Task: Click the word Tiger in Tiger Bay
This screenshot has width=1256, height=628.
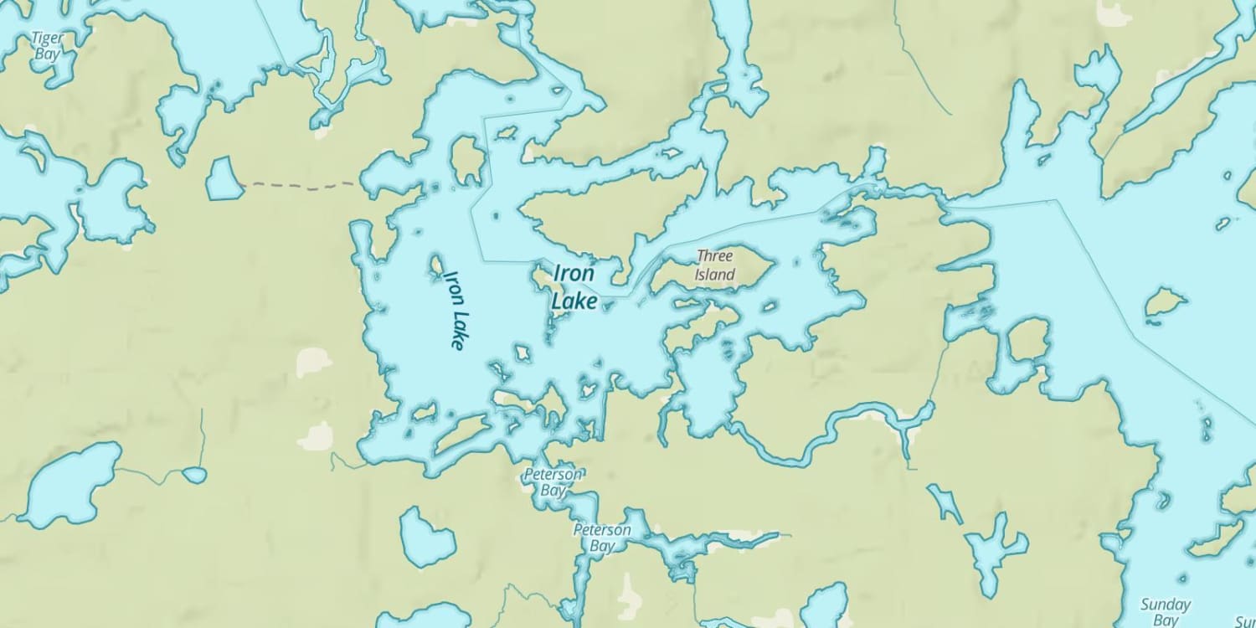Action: click(47, 38)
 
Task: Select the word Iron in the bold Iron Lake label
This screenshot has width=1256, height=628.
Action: click(574, 274)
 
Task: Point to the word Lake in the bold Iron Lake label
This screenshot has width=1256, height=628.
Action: click(576, 301)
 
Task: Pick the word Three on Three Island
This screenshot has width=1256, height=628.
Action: click(714, 256)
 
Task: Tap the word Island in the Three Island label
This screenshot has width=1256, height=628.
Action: click(714, 274)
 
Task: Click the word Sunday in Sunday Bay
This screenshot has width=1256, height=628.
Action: click(1165, 605)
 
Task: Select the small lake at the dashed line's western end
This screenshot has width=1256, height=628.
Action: click(223, 179)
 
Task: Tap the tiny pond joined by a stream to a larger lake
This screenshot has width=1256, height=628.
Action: click(194, 475)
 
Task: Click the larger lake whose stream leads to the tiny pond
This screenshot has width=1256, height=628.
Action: click(67, 486)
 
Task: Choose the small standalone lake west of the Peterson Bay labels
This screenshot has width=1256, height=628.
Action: click(425, 536)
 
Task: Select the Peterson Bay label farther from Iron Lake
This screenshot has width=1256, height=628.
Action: click(602, 538)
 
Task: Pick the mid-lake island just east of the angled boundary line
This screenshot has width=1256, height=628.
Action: click(1165, 303)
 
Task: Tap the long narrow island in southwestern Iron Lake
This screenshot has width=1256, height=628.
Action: click(461, 434)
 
